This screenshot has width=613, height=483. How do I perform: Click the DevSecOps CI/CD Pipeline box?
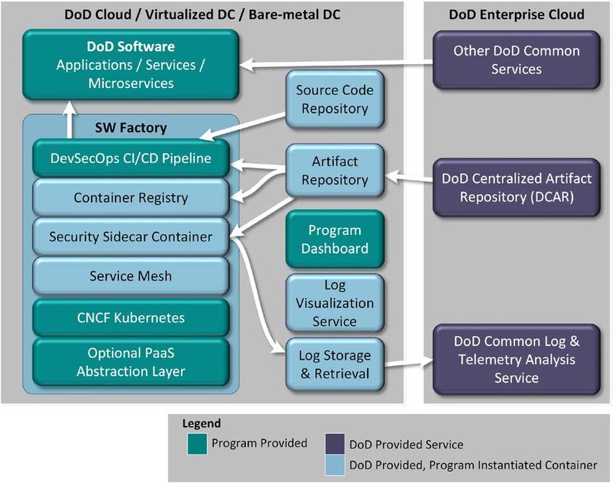point(131,159)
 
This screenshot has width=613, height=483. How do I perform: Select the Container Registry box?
point(131,198)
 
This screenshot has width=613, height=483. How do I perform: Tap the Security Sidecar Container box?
point(131,236)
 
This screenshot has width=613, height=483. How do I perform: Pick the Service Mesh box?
point(131,276)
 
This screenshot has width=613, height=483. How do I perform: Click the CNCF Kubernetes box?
point(131,318)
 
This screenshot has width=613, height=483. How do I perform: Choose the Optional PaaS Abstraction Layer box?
point(131,362)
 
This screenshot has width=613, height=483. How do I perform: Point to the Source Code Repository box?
point(335,99)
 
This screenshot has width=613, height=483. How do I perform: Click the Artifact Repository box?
point(335,170)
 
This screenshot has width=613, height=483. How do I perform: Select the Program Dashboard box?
point(335,239)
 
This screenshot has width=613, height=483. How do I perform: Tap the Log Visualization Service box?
point(335,303)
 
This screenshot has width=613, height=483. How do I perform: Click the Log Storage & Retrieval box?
point(335,365)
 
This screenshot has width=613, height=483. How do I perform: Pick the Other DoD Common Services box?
point(516,60)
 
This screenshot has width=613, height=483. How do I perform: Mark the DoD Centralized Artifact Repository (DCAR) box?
point(516,187)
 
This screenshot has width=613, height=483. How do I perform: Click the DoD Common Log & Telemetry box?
point(516,360)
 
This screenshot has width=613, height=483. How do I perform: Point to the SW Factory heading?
point(131,128)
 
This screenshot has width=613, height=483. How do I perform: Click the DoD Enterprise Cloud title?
point(516,14)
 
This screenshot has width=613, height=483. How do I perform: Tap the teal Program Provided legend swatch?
point(197,444)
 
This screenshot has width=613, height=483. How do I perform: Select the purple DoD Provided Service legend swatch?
point(335,444)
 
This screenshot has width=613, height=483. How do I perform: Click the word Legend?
point(201,424)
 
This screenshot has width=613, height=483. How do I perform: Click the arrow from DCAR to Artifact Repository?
point(409,177)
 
